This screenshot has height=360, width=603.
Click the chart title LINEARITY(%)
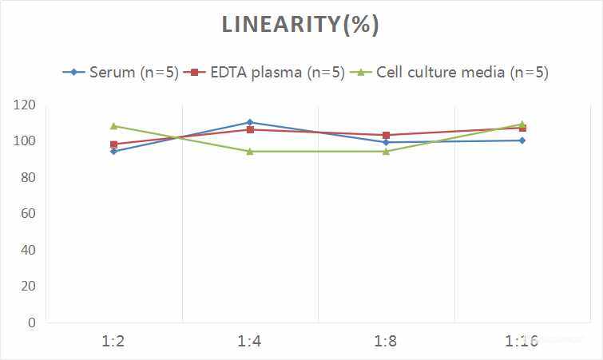tap(300, 25)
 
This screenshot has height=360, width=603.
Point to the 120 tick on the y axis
tap(25, 105)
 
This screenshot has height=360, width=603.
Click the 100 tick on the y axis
tap(25, 141)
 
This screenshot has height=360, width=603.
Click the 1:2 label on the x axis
tap(113, 342)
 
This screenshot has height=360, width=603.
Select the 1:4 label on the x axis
tap(249, 342)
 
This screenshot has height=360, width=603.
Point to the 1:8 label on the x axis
tap(386, 342)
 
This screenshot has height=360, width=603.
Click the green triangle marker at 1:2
tap(113, 126)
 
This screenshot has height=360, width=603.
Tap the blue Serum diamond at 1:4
tap(249, 122)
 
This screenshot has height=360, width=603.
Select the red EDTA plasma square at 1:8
tap(386, 136)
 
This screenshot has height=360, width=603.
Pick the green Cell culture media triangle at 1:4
tap(249, 151)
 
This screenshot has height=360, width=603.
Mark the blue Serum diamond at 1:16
tap(522, 140)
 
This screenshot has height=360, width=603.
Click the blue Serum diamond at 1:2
tap(113, 151)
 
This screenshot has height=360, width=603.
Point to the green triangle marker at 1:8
tap(386, 151)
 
